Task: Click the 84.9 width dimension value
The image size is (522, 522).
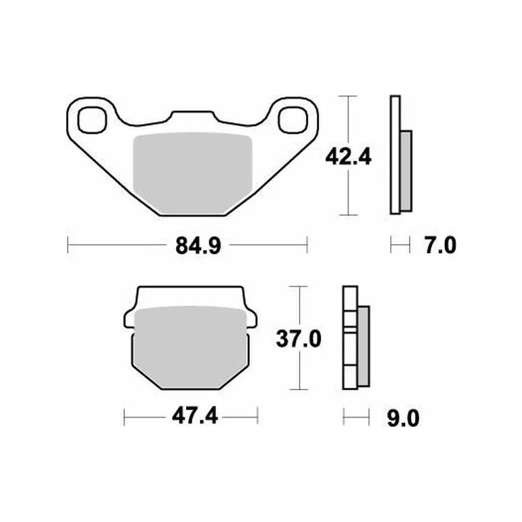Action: [x=198, y=246]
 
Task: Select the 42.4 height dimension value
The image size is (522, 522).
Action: [x=348, y=157]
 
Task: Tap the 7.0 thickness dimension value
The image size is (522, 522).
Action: [x=440, y=246]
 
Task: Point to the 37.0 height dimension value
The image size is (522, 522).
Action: [x=299, y=339]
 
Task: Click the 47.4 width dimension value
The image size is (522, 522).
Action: [x=194, y=416]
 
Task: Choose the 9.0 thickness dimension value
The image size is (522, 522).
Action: [x=403, y=419]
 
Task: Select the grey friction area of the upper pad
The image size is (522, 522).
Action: [x=192, y=173]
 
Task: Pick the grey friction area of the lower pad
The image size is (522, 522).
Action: [x=191, y=348]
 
